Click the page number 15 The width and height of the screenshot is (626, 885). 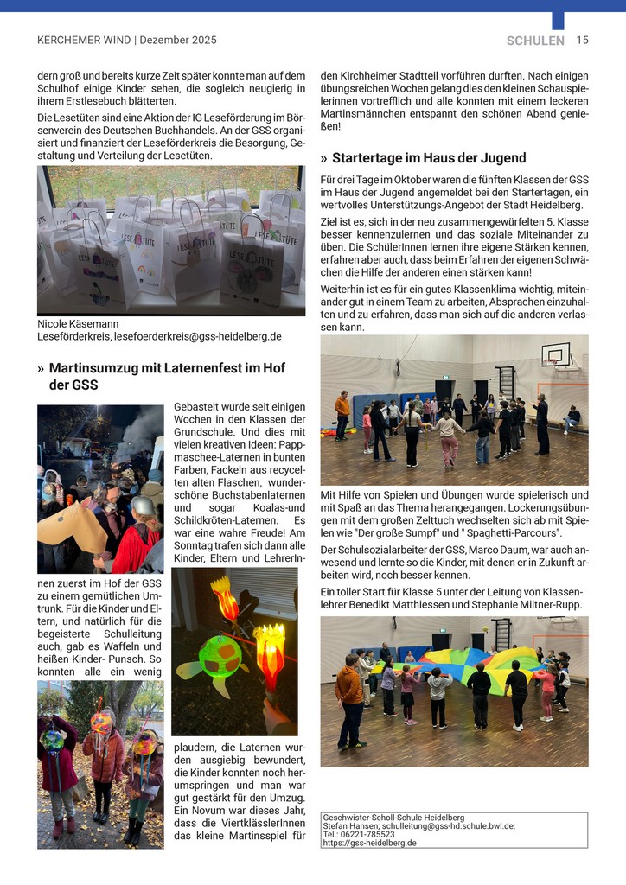[582, 40]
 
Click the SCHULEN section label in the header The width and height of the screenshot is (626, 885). [535, 41]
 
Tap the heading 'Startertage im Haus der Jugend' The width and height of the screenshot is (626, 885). [429, 157]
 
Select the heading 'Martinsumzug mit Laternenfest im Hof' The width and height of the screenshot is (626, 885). [167, 368]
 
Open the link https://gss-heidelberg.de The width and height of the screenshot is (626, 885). [369, 843]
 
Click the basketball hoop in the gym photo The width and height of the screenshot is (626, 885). [556, 354]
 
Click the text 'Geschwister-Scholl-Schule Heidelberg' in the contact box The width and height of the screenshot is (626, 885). [393, 817]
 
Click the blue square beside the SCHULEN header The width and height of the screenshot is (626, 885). [558, 21]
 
